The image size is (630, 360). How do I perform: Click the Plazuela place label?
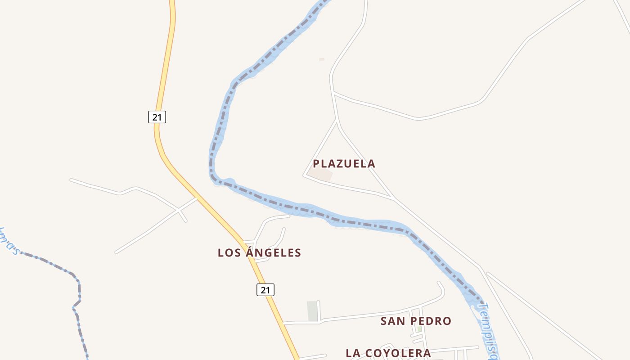(x=344, y=163)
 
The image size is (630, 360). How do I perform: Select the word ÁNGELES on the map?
(x=273, y=252)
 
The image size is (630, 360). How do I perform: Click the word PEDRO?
(x=431, y=321)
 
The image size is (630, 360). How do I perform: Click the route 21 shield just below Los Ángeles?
(x=265, y=290)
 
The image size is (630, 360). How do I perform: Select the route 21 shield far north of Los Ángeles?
(x=157, y=117)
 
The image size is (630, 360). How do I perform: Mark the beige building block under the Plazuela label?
(x=320, y=175)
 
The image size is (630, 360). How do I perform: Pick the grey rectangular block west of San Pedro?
(x=312, y=311)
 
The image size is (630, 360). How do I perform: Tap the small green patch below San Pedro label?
(x=419, y=329)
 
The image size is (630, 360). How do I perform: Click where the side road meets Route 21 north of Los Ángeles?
(x=197, y=198)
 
